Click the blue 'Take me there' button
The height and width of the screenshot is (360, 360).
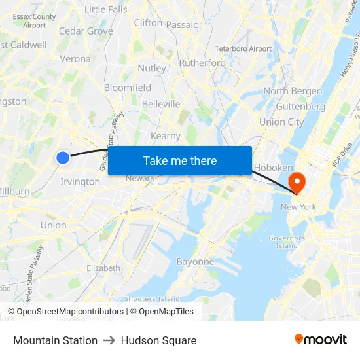180,160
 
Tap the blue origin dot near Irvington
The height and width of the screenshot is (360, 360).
63,157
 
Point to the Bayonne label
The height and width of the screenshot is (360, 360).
195,261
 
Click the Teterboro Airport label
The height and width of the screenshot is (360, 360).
243,49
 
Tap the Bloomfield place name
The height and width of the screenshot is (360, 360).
128,88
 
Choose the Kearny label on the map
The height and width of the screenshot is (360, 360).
166,136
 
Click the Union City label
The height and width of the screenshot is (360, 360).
281,122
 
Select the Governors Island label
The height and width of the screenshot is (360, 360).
287,242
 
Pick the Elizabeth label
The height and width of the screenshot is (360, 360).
103,268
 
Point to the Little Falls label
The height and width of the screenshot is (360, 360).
106,9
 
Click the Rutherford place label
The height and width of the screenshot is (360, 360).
202,63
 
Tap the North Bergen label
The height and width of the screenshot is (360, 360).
293,91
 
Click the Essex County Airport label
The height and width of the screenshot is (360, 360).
35,21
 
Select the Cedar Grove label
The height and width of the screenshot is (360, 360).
86,31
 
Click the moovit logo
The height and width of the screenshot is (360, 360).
321,339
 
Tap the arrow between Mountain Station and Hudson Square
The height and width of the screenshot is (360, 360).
109,340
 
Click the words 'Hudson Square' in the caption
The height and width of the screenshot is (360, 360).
158,340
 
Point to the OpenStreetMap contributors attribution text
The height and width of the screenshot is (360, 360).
68,312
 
